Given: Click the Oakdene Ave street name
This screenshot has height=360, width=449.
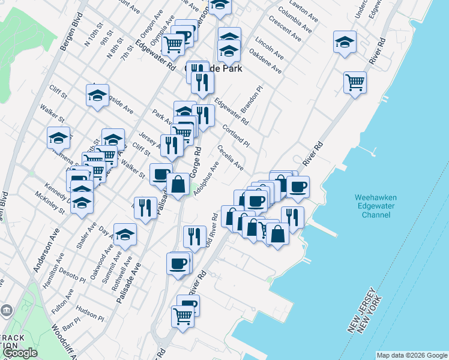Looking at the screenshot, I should pos(265,62).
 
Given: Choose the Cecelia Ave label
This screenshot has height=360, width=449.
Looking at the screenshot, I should pos(231,157).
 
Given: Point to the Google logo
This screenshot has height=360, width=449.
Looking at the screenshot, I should pos(20,353).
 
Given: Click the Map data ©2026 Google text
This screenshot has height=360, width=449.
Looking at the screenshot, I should pos(411,355).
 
